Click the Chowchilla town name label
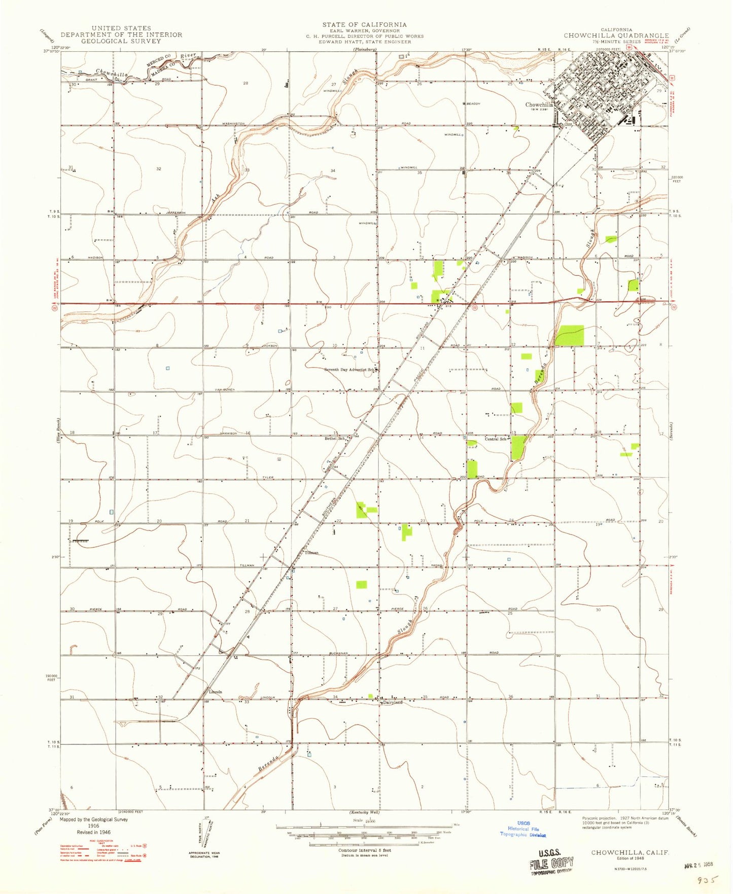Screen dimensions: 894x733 pos(539,105)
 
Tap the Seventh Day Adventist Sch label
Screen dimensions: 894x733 pos(350,370)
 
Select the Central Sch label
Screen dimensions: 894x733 pos(495,439)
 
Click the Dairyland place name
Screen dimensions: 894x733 pos(393,702)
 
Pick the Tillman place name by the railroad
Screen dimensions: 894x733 pos(311,553)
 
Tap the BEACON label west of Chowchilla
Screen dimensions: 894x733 pos(473,103)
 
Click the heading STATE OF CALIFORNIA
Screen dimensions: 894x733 pos(364,24)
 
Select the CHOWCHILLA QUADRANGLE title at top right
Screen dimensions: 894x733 pos(616,35)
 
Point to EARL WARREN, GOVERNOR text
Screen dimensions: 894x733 pos(364,30)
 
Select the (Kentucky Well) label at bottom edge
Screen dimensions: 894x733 pos(364,812)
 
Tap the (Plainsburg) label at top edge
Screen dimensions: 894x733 pos(365,50)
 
